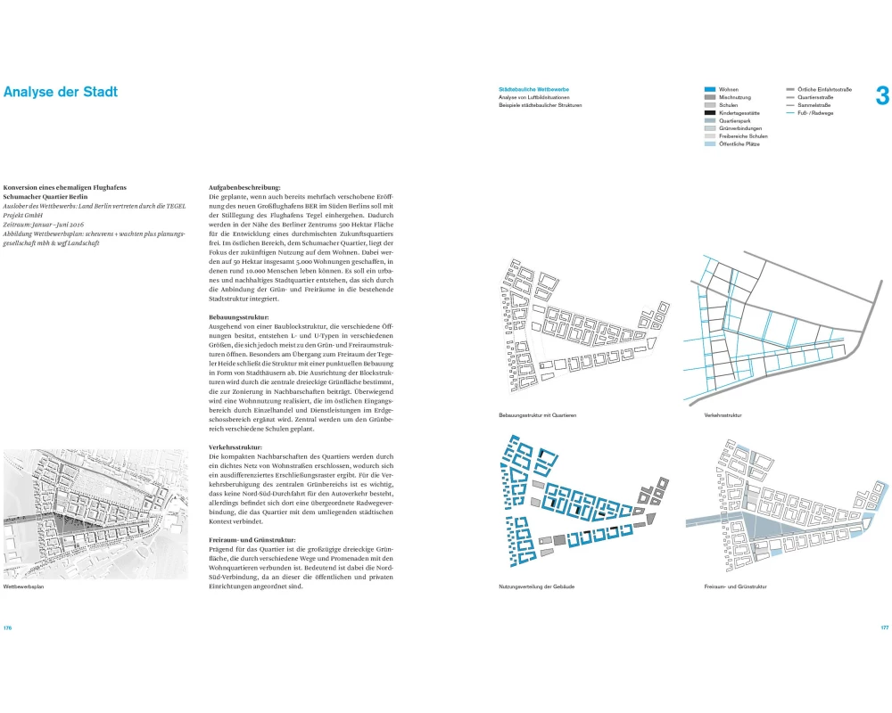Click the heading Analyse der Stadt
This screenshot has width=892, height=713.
(x=60, y=92)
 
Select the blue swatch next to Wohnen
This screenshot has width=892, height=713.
(x=709, y=90)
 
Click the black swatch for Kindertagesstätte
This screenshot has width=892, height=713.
(x=709, y=113)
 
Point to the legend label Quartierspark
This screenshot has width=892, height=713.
(x=734, y=121)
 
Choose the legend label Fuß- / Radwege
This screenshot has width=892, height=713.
(x=818, y=113)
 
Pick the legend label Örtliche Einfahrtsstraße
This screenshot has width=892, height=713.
(x=825, y=90)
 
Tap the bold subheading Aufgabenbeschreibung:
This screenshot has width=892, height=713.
(x=244, y=187)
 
